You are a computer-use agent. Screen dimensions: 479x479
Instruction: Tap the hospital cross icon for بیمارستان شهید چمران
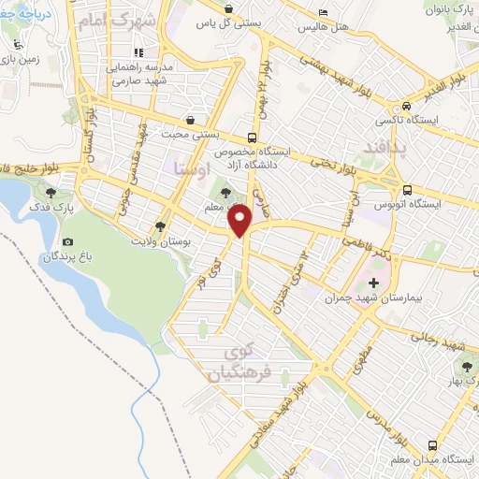[375, 283]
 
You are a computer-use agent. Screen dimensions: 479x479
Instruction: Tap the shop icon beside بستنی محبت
[191, 121]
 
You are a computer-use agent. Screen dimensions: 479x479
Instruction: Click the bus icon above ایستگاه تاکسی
[406, 106]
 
